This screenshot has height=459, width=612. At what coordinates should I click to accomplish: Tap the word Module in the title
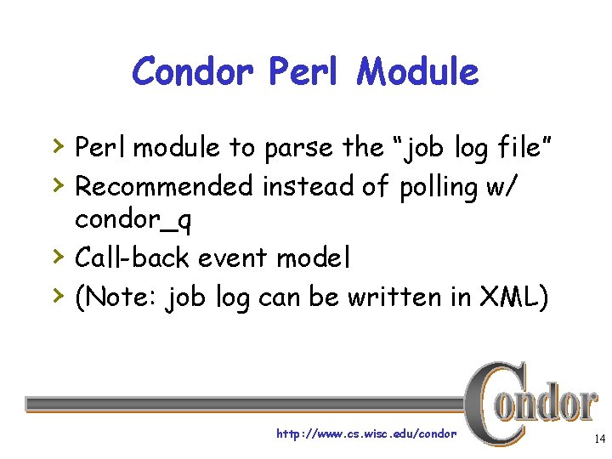pyautogui.click(x=417, y=71)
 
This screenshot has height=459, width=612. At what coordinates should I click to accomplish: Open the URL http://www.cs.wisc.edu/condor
pyautogui.click(x=366, y=434)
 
